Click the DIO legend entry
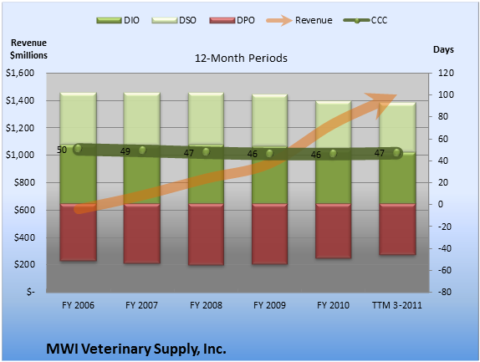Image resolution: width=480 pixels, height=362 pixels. (118, 21)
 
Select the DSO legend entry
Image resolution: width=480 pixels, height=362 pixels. (174, 21)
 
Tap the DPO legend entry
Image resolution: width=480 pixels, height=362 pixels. (232, 21)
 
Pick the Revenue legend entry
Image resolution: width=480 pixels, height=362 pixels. (299, 21)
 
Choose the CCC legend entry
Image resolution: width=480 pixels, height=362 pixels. (365, 21)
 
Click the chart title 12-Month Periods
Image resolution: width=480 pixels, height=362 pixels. (241, 59)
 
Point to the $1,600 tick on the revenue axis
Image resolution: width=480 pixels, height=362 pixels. (20, 73)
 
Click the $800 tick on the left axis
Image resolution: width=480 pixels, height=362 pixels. (24, 183)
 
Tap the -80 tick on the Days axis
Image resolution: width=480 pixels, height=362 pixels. (445, 292)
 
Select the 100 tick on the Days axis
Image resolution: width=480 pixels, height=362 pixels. (446, 94)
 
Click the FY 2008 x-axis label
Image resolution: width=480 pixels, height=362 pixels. (206, 305)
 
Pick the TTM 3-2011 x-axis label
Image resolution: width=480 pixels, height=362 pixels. (396, 305)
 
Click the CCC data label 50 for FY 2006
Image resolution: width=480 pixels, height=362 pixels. (62, 150)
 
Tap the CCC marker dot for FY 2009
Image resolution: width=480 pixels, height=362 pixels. (269, 153)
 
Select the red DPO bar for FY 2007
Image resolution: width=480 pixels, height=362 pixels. (141, 233)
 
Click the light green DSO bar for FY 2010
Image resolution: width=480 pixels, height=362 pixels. (333, 125)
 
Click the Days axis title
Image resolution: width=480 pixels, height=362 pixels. (443, 49)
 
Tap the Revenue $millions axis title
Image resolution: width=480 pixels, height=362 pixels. (28, 49)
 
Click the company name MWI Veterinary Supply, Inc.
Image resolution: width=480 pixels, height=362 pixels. (136, 349)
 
